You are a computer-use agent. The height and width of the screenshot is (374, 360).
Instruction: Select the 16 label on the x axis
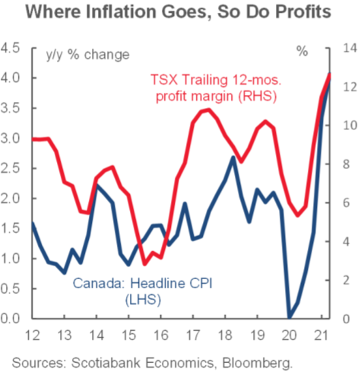pyautogui.click(x=161, y=336)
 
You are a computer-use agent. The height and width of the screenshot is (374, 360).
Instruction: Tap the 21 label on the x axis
pyautogui.click(x=321, y=336)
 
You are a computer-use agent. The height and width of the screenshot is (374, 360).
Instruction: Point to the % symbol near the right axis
pyautogui.click(x=302, y=52)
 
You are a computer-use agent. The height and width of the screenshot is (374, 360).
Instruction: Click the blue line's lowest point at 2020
pyautogui.click(x=290, y=317)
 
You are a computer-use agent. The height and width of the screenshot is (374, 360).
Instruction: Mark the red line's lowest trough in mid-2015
pyautogui.click(x=145, y=264)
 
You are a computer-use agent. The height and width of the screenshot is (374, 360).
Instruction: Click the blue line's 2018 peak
pyautogui.click(x=232, y=157)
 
